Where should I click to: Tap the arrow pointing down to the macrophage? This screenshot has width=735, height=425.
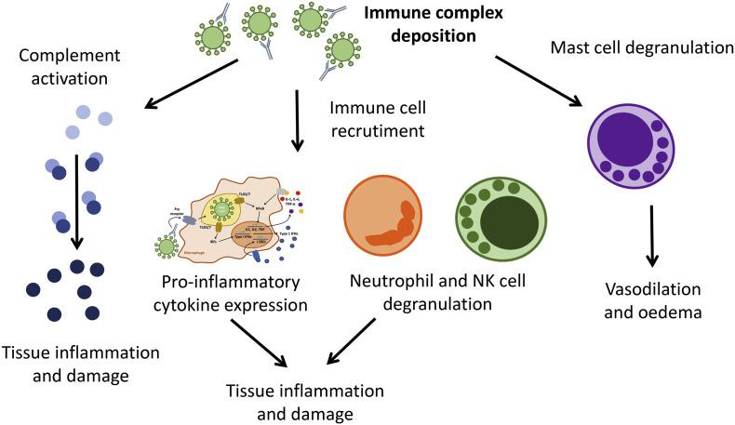click(x=297, y=118)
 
